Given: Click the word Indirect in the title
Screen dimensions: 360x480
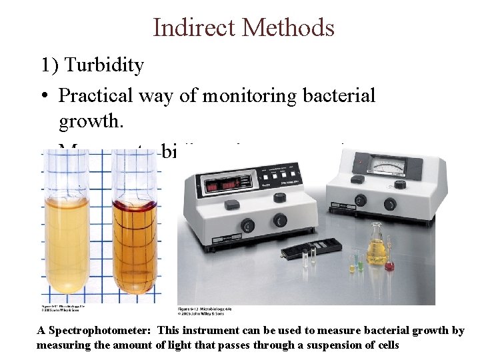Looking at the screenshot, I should [x=195, y=27].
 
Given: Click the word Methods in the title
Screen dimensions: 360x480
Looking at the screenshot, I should [x=289, y=27].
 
